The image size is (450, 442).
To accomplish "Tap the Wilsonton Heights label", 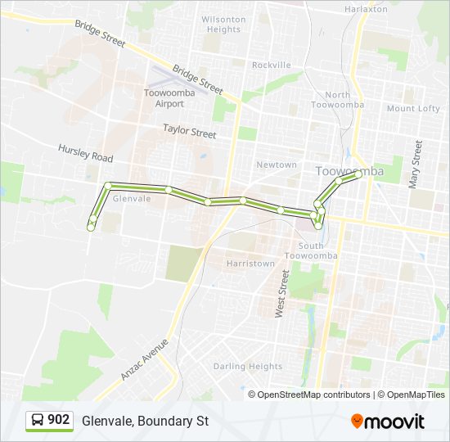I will pos(223,24).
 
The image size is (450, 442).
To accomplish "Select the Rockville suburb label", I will pos(271,65).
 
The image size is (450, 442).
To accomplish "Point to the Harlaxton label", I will pos(366,9).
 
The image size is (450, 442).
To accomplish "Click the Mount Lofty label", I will pos(413,108).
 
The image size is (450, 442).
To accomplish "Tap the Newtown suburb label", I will pos(277,165).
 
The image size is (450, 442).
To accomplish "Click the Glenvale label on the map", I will pos(132,198).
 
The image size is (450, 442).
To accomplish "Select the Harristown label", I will pos(250,264).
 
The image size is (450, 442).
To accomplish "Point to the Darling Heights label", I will pos(248,367).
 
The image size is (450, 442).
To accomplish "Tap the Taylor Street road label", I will pos(189,130).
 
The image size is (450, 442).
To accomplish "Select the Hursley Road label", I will pos(85,152).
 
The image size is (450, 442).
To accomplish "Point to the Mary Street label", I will pos(416,164).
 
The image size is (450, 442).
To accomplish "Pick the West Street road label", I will pos(282,294).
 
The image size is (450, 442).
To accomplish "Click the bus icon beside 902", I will pos(38,420).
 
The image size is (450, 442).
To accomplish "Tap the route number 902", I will pos(59,420).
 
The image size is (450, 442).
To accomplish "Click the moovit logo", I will pos(388,421).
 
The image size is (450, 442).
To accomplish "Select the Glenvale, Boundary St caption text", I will pos(146,421).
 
